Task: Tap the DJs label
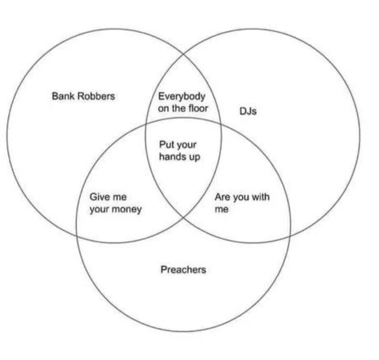pyautogui.click(x=248, y=111)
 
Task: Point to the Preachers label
pyautogui.click(x=183, y=270)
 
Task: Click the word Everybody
pyautogui.click(x=181, y=96)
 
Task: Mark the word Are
pyautogui.click(x=222, y=197)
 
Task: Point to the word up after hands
pyautogui.click(x=194, y=157)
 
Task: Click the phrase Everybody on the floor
pyautogui.click(x=182, y=102)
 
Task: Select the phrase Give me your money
pyautogui.click(x=115, y=203)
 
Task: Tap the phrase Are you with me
pyautogui.click(x=242, y=203)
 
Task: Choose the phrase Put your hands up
pyautogui.click(x=179, y=151)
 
